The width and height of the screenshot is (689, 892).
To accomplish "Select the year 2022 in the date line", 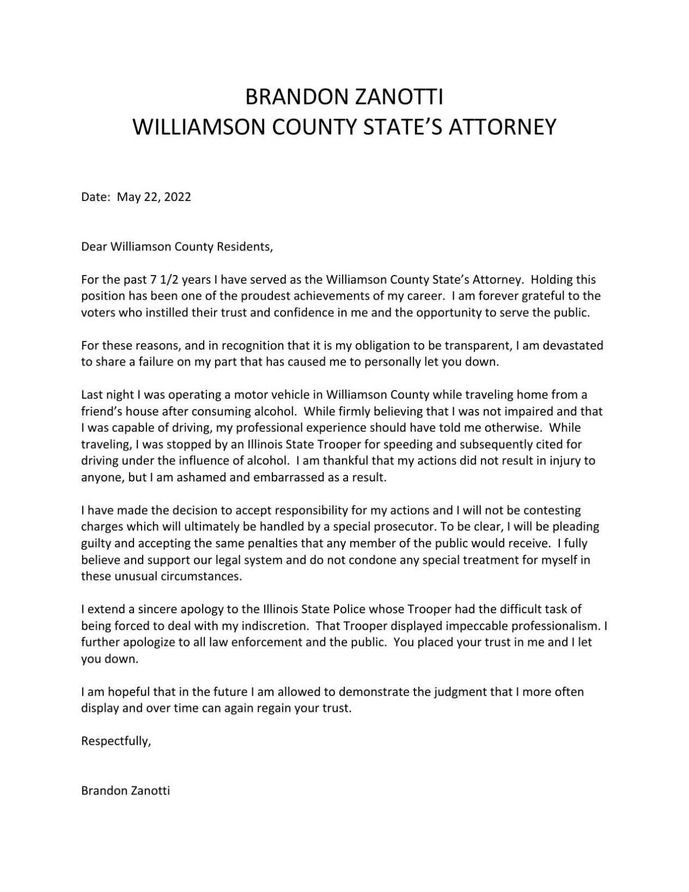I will pyautogui.click(x=178, y=197).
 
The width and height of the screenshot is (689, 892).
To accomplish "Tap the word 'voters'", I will pyautogui.click(x=98, y=313).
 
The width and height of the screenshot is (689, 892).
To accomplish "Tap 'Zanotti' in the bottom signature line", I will pyautogui.click(x=151, y=791).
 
